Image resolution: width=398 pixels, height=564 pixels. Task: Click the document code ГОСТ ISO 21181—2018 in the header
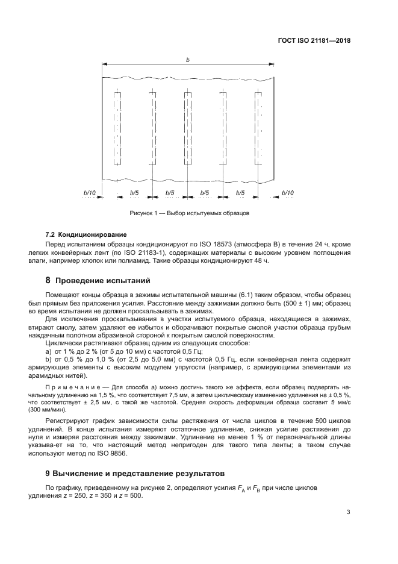[x=316, y=42]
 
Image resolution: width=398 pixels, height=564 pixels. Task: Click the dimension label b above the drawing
[x=188, y=60]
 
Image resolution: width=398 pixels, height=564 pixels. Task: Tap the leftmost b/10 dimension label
[x=89, y=193]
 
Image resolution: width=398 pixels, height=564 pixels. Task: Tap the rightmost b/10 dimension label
[x=288, y=193]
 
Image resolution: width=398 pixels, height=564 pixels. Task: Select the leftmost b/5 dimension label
[x=135, y=193]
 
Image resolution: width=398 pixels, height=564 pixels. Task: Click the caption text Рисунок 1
[x=143, y=213]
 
